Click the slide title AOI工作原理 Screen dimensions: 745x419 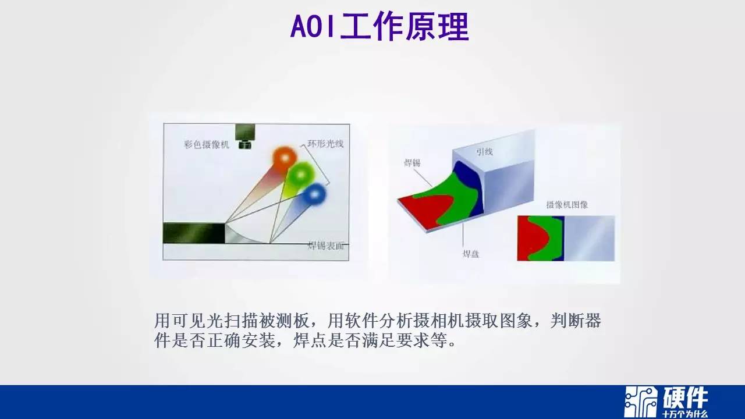tap(379, 27)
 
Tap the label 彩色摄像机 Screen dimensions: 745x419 tap(207, 145)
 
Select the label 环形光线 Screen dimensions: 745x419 tap(325, 144)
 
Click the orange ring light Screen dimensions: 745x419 tap(285, 158)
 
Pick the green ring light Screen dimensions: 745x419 tap(301, 175)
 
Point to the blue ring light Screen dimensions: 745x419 tap(314, 194)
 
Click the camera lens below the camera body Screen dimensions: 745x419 tap(245, 145)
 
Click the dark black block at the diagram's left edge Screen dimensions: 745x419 tap(194, 233)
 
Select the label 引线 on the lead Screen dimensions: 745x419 tap(484, 152)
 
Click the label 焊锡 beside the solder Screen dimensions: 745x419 tap(411, 162)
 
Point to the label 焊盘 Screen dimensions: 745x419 tap(471, 254)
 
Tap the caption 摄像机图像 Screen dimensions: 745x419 tap(567, 205)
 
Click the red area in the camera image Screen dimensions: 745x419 tap(531, 239)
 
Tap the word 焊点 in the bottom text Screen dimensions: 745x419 tap(310, 340)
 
